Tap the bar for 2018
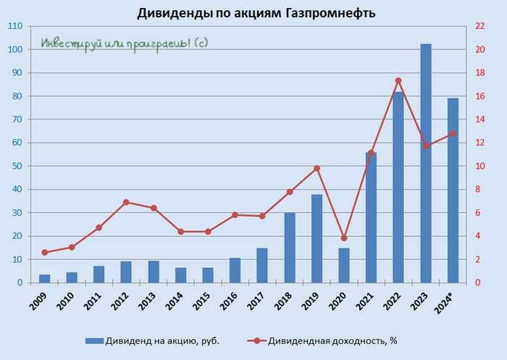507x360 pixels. [x=290, y=247]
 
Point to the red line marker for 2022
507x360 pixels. [x=398, y=80]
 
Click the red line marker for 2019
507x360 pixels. [x=317, y=168]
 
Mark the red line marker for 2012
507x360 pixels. [x=126, y=202]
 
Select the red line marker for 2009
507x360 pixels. [x=44, y=252]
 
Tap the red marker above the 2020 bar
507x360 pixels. [x=344, y=238]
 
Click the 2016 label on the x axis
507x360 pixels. [x=232, y=298]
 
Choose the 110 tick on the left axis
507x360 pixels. [x=15, y=26]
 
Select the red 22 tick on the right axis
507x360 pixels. [x=479, y=26]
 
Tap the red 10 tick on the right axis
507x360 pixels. [x=479, y=166]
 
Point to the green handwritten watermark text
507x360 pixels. [x=124, y=43]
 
